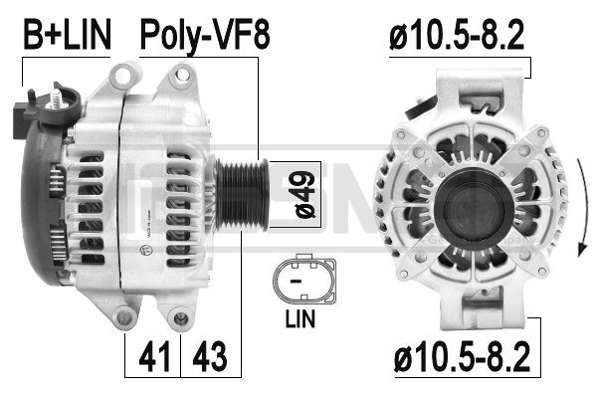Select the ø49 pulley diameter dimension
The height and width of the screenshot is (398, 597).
[x=304, y=192]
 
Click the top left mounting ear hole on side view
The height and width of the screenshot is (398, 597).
[x=127, y=72]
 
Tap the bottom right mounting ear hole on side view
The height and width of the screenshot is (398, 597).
[x=180, y=317]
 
